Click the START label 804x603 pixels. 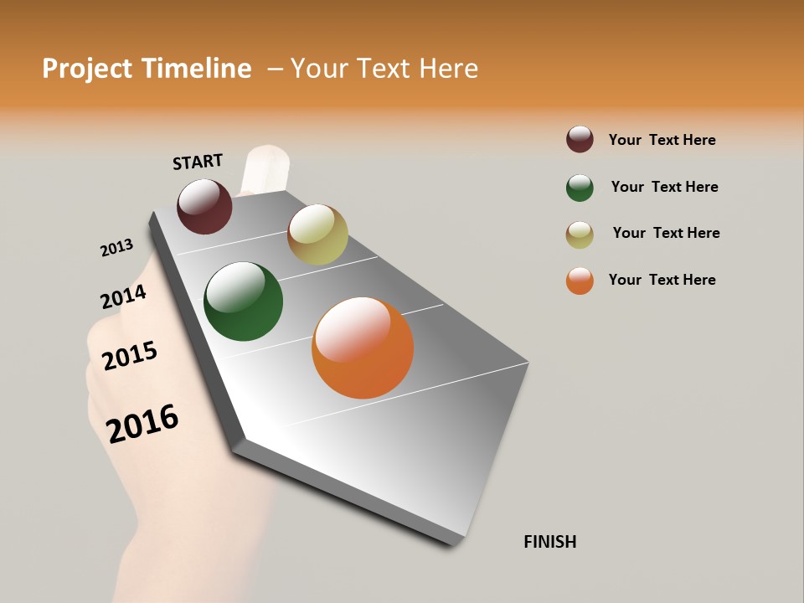tap(198, 162)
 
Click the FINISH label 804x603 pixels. tap(549, 542)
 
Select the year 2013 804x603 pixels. tap(116, 248)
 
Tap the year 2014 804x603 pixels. tap(123, 297)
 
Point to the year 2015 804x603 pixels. tap(130, 356)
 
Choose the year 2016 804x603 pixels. tap(142, 424)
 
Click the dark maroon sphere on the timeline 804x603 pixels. tap(204, 206)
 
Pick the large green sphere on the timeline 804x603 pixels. tap(243, 301)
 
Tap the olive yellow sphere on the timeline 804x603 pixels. tap(317, 234)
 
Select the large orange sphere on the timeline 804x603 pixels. tap(363, 348)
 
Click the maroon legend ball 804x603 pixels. tap(580, 139)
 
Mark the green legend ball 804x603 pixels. tap(580, 188)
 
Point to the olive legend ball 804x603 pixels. tap(580, 234)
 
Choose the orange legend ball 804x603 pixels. tap(580, 281)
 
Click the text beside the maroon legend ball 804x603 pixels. tap(662, 140)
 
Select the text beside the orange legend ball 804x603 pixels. tap(662, 280)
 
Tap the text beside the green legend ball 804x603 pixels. tap(664, 187)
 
